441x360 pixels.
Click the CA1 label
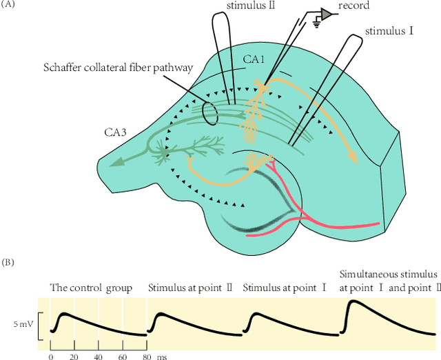click(x=252, y=60)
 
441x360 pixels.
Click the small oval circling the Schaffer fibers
click(x=210, y=114)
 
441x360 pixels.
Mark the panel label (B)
click(x=9, y=262)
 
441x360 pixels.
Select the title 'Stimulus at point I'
click(x=284, y=287)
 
